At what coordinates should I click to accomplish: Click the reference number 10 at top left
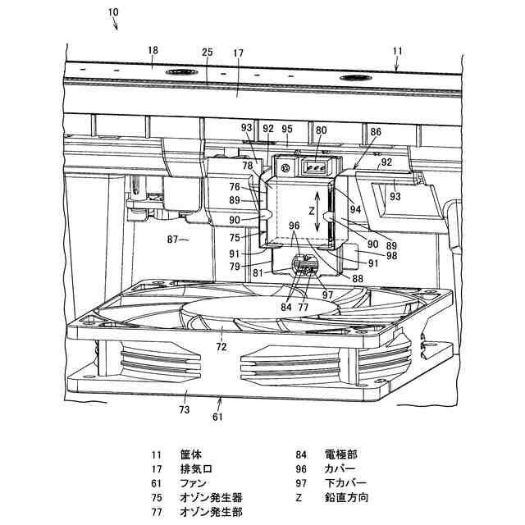[112, 12]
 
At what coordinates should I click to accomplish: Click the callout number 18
[153, 51]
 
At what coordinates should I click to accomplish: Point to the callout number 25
[208, 52]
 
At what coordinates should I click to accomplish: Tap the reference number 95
[287, 129]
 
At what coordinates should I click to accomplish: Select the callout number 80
[321, 129]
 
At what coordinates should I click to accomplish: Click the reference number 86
[376, 131]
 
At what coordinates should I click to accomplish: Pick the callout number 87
[174, 240]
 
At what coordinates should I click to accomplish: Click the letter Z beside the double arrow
[301, 210]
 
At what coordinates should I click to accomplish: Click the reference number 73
[185, 408]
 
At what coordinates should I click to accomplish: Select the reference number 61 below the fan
[218, 417]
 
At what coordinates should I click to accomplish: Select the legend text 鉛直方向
[347, 498]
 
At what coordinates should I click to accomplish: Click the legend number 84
[302, 454]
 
